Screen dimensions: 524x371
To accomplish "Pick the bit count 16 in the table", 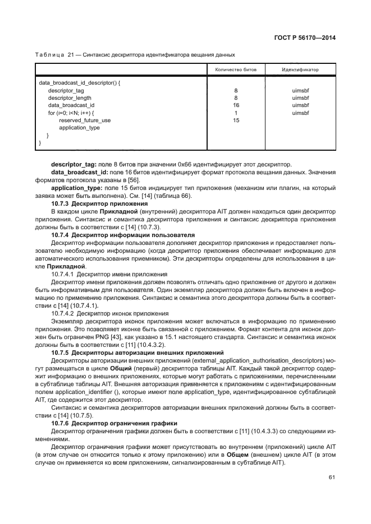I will pyautogui.click(x=236, y=105).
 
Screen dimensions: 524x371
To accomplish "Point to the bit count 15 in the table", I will pyautogui.click(x=236, y=120).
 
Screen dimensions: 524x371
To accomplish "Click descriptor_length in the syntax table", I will pyautogui.click(x=67, y=98).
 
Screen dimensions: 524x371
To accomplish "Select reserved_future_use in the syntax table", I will pyautogui.click(x=85, y=120).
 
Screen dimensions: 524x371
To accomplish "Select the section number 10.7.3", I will pyautogui.click(x=60, y=204).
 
